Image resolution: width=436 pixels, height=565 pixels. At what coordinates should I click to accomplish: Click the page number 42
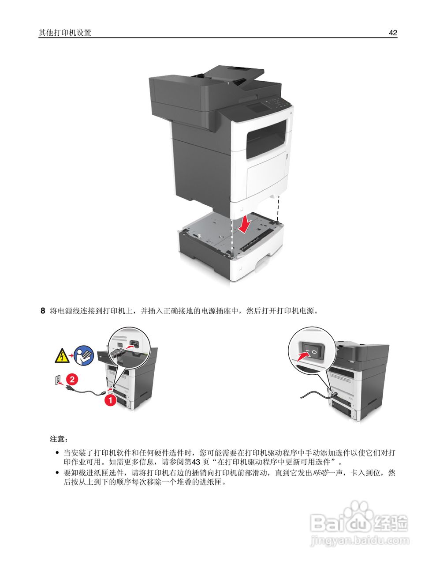(x=393, y=33)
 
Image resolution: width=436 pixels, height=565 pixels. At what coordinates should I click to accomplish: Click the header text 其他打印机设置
(x=65, y=33)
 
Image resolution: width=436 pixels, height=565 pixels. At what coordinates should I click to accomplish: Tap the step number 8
(x=43, y=311)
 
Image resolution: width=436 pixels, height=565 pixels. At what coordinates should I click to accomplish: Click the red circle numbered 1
(x=110, y=400)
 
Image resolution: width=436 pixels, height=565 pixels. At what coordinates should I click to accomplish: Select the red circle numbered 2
(x=73, y=379)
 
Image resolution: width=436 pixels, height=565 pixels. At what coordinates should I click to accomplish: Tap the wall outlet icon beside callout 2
(x=57, y=380)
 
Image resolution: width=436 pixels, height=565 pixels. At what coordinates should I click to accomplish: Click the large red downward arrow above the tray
(x=244, y=224)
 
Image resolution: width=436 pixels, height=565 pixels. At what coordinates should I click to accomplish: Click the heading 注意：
(x=59, y=439)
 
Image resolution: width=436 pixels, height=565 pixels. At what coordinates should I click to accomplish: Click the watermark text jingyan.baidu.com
(x=360, y=540)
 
